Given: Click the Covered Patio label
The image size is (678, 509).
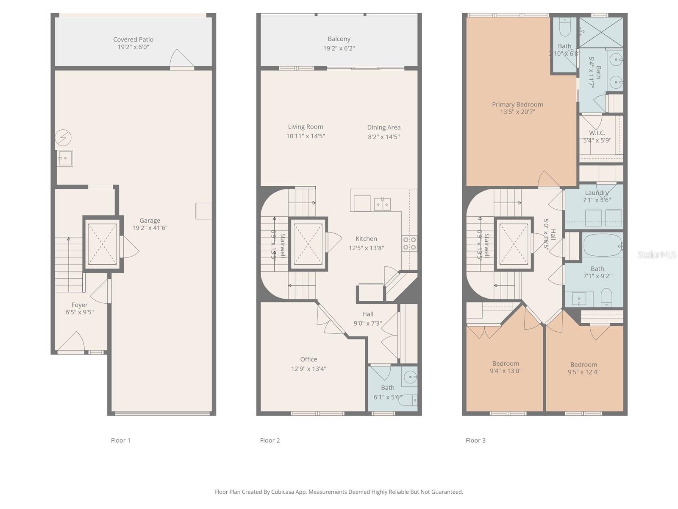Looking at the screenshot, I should click(x=133, y=39).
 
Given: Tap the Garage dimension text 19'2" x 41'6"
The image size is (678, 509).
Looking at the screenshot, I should click(x=150, y=228).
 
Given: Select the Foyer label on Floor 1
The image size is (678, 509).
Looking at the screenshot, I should click(x=80, y=305).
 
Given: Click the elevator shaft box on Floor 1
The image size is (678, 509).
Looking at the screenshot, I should click(x=102, y=243).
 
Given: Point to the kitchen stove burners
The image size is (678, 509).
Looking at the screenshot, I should click(x=409, y=243).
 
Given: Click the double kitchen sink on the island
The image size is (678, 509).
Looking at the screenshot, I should click(x=382, y=204).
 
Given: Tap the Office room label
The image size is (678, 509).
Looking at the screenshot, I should click(x=308, y=359).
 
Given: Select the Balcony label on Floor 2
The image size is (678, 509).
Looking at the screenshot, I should click(x=339, y=39).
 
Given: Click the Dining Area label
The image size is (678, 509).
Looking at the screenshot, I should click(x=383, y=127).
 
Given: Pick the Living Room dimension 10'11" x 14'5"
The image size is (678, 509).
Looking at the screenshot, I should click(x=306, y=136).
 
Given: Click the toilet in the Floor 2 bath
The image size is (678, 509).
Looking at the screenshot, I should click(x=409, y=399).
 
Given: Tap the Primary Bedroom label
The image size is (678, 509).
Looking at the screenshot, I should click(x=517, y=104).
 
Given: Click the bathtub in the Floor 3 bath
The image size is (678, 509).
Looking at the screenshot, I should click(x=602, y=246).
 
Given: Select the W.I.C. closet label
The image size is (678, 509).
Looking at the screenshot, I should click(x=597, y=133).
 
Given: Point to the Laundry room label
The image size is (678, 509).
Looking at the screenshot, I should click(x=597, y=193).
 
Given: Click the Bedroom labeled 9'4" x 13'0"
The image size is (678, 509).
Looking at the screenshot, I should click(x=506, y=364).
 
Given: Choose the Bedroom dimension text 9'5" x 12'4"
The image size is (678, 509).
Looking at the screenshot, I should click(x=584, y=372).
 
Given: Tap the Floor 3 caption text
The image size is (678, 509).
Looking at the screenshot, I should click(x=475, y=440).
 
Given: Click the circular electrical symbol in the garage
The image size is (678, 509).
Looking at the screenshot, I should click(x=63, y=137).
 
